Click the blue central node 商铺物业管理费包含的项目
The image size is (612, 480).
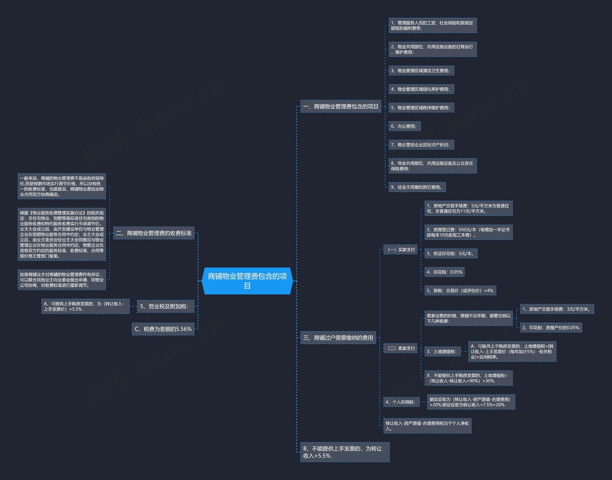[247, 281]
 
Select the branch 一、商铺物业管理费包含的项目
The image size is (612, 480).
[340, 106]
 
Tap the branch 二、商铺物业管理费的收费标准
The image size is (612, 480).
[154, 233]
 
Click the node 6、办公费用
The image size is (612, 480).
[404, 127]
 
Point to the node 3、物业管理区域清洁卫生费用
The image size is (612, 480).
[421, 71]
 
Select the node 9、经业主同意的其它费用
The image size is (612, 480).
[417, 187]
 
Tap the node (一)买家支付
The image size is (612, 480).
[400, 249]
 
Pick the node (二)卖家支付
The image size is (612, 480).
[400, 348]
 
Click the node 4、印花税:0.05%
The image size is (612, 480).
[444, 272]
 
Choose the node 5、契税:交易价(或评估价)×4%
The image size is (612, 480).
[460, 291]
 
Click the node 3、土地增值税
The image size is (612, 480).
[442, 352]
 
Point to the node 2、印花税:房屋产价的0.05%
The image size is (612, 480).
[551, 328]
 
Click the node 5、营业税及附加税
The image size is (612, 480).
[165, 306]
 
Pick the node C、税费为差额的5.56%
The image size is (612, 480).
[163, 329]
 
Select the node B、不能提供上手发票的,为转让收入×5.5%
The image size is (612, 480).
[345, 452]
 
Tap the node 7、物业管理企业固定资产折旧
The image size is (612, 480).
[421, 145]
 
